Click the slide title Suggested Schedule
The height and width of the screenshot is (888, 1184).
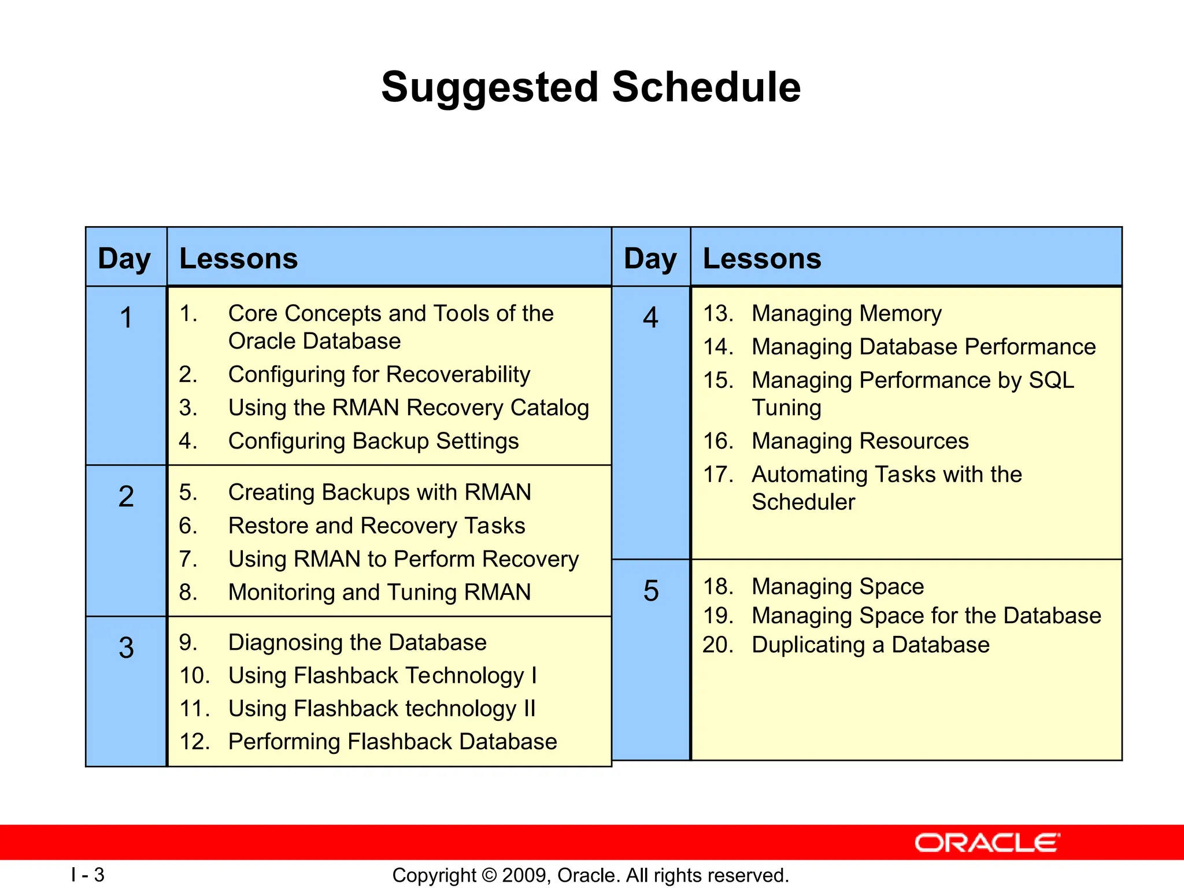click(x=591, y=87)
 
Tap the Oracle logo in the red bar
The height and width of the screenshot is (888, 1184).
click(x=987, y=843)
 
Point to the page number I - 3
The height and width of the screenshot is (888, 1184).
click(x=88, y=875)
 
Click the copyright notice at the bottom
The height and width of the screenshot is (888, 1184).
click(x=591, y=875)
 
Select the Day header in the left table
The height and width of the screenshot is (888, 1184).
click(x=125, y=258)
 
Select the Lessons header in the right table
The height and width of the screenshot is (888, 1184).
click(x=762, y=258)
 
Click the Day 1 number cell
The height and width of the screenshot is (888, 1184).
click(x=126, y=318)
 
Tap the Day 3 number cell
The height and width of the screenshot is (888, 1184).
click(x=126, y=647)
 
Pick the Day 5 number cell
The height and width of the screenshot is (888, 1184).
click(x=651, y=591)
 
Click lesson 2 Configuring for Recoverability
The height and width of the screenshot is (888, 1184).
click(x=379, y=375)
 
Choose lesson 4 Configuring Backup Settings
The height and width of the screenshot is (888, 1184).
click(x=373, y=441)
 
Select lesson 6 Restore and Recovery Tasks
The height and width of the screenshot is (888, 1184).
click(x=376, y=526)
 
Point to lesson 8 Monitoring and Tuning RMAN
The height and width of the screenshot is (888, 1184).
click(x=379, y=593)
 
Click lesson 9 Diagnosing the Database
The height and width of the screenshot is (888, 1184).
click(x=357, y=642)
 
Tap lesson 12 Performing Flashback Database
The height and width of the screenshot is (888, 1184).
click(x=393, y=742)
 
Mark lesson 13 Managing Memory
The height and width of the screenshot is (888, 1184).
click(x=846, y=314)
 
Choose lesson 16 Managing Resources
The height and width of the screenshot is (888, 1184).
click(x=860, y=441)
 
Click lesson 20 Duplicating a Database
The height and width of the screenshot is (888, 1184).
click(x=870, y=645)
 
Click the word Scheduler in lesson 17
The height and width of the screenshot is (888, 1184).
click(x=803, y=502)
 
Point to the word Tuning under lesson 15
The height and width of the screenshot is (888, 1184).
click(x=786, y=408)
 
